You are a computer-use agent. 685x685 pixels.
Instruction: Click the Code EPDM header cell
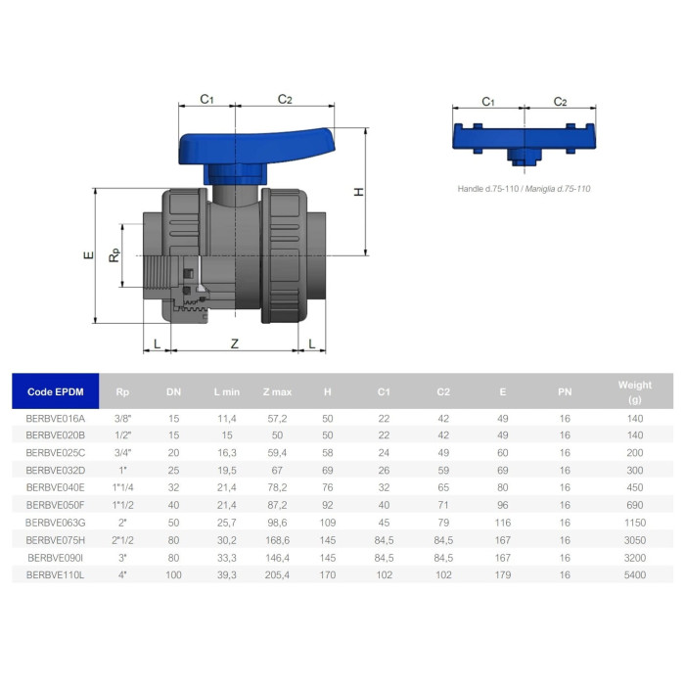click(56, 391)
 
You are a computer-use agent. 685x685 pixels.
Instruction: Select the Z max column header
click(277, 391)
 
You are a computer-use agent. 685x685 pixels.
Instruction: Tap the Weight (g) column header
click(635, 391)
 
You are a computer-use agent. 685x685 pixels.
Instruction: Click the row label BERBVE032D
click(56, 470)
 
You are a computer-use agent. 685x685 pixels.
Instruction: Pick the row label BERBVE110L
click(55, 575)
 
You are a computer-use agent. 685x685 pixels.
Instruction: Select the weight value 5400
click(635, 575)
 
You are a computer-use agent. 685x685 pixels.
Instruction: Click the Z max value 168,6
click(277, 540)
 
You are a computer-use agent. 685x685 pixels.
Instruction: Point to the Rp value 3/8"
click(122, 419)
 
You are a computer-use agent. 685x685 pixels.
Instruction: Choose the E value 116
click(503, 523)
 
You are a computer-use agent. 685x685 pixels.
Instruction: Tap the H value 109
click(328, 523)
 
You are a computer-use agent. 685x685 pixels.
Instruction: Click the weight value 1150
click(635, 523)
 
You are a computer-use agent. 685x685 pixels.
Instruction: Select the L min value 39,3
click(227, 575)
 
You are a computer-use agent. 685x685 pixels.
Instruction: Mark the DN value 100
click(173, 575)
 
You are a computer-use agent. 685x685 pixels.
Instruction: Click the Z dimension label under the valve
click(235, 343)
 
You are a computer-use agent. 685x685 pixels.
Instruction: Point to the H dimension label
click(359, 192)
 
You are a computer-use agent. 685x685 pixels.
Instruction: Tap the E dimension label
click(89, 255)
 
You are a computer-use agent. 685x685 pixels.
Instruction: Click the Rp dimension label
click(114, 255)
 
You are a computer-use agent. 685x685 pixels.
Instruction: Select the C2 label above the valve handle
click(285, 100)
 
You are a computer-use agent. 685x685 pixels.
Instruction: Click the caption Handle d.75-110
click(488, 189)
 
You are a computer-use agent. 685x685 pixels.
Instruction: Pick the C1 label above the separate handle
click(488, 102)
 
